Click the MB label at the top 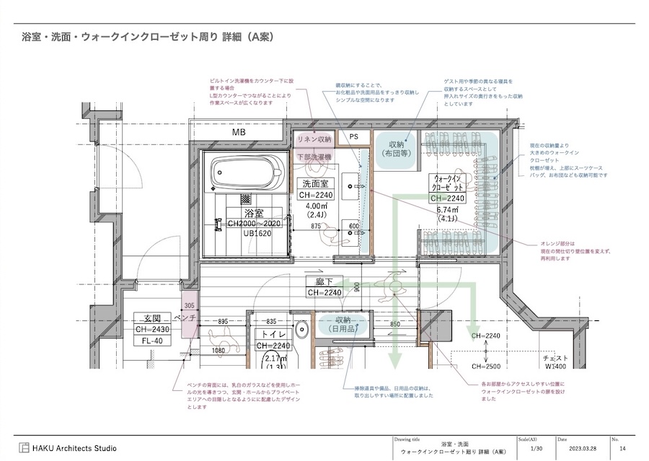tap(239, 133)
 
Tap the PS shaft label tap(354, 136)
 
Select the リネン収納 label tap(314, 139)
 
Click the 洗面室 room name tap(315, 184)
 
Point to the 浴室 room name tap(254, 214)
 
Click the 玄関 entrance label tap(151, 318)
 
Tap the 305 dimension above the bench tap(189, 306)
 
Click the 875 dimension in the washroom tap(315, 227)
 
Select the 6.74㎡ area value tap(449, 210)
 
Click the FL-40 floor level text tap(151, 341)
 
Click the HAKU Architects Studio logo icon tap(25, 448)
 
